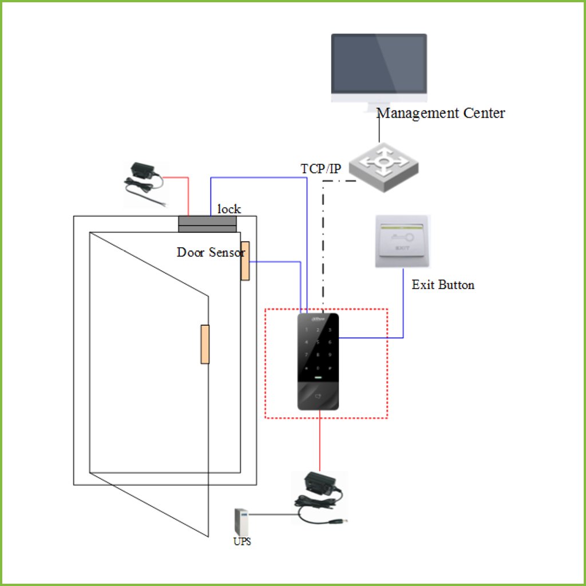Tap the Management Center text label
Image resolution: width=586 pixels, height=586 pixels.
441,113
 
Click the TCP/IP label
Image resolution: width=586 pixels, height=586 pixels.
321,169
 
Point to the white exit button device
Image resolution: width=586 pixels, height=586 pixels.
402,241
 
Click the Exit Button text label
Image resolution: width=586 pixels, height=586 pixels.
443,285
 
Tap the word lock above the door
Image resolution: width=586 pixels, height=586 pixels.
229,209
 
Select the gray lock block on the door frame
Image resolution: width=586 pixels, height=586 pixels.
207,224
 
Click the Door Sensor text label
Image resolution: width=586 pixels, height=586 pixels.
211,252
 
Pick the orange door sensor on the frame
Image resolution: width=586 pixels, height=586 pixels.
245,261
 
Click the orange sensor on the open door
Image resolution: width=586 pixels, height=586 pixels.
205,344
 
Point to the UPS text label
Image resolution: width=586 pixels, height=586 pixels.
242,541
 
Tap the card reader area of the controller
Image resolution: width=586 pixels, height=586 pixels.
318,395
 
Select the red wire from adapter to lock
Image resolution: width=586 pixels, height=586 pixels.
188,195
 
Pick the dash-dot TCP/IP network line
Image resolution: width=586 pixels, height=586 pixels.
323,246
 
